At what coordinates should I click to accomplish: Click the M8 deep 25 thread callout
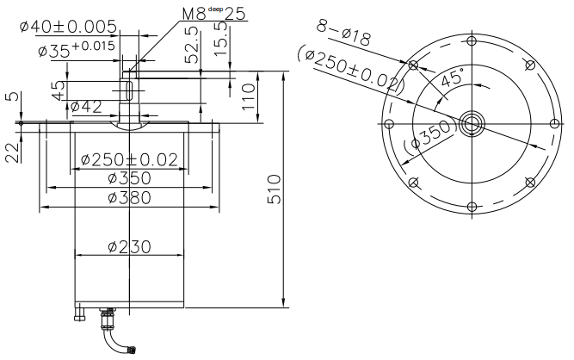point(214,14)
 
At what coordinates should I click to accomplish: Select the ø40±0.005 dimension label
point(69,27)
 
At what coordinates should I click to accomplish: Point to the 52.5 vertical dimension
point(193,45)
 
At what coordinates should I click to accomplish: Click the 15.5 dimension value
point(221,39)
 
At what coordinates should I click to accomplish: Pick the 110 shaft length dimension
point(248,96)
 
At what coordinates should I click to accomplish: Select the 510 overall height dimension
point(275,189)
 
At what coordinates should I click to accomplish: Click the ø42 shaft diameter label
point(86,107)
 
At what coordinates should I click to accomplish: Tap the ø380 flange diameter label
point(130,198)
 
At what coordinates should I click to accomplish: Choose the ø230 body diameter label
point(130,247)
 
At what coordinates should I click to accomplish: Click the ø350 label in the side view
point(130,178)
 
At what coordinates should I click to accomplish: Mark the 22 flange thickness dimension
point(12,152)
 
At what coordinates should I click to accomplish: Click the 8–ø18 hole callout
point(343,33)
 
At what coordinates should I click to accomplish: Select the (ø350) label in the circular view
point(429,134)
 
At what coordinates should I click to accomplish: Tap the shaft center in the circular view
point(472,124)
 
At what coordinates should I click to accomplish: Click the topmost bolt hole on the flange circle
point(472,40)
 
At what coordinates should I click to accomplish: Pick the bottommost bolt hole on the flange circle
point(472,208)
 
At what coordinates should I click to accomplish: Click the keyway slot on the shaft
point(129,90)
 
